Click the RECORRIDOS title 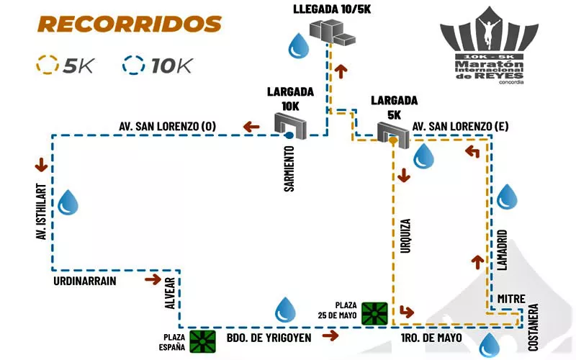pyautogui.click(x=130, y=24)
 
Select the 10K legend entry pyautogui.click(x=159, y=66)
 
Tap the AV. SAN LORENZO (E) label pyautogui.click(x=460, y=127)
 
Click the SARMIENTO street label pyautogui.click(x=289, y=169)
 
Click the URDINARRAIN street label pyautogui.click(x=85, y=281)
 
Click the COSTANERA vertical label pyautogui.click(x=534, y=327)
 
